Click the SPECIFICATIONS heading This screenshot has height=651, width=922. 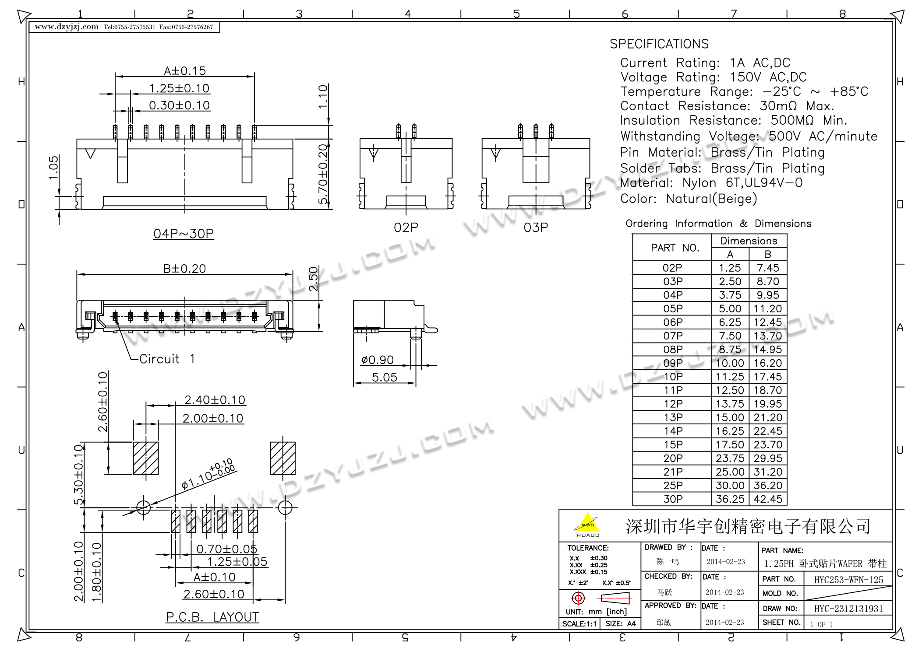pyautogui.click(x=659, y=44)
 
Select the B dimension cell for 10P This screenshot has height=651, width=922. pyautogui.click(x=768, y=377)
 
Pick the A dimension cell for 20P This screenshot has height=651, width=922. pyautogui.click(x=730, y=458)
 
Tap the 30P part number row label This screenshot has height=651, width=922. pyautogui.click(x=673, y=499)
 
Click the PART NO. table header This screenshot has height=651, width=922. pyautogui.click(x=672, y=248)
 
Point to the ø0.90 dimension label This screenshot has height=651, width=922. pyautogui.click(x=377, y=360)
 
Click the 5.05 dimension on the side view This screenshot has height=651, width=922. pyautogui.click(x=384, y=377)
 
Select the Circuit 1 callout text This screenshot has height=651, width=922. pyautogui.click(x=167, y=359)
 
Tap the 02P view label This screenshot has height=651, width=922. pyautogui.click(x=406, y=227)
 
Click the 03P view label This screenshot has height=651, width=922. pyautogui.click(x=536, y=227)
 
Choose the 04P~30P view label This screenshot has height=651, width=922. pyautogui.click(x=184, y=234)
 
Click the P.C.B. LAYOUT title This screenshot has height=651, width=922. pyautogui.click(x=212, y=617)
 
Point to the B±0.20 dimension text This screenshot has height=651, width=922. pyautogui.click(x=184, y=268)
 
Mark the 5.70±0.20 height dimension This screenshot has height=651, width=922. pyautogui.click(x=323, y=174)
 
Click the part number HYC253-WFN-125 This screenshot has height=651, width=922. pyautogui.click(x=848, y=580)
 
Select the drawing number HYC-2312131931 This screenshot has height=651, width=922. pyautogui.click(x=848, y=609)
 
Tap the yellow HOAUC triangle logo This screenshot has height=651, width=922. pyautogui.click(x=587, y=524)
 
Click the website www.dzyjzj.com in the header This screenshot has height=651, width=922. pyautogui.click(x=67, y=27)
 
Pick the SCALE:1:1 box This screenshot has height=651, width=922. pyautogui.click(x=579, y=623)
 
